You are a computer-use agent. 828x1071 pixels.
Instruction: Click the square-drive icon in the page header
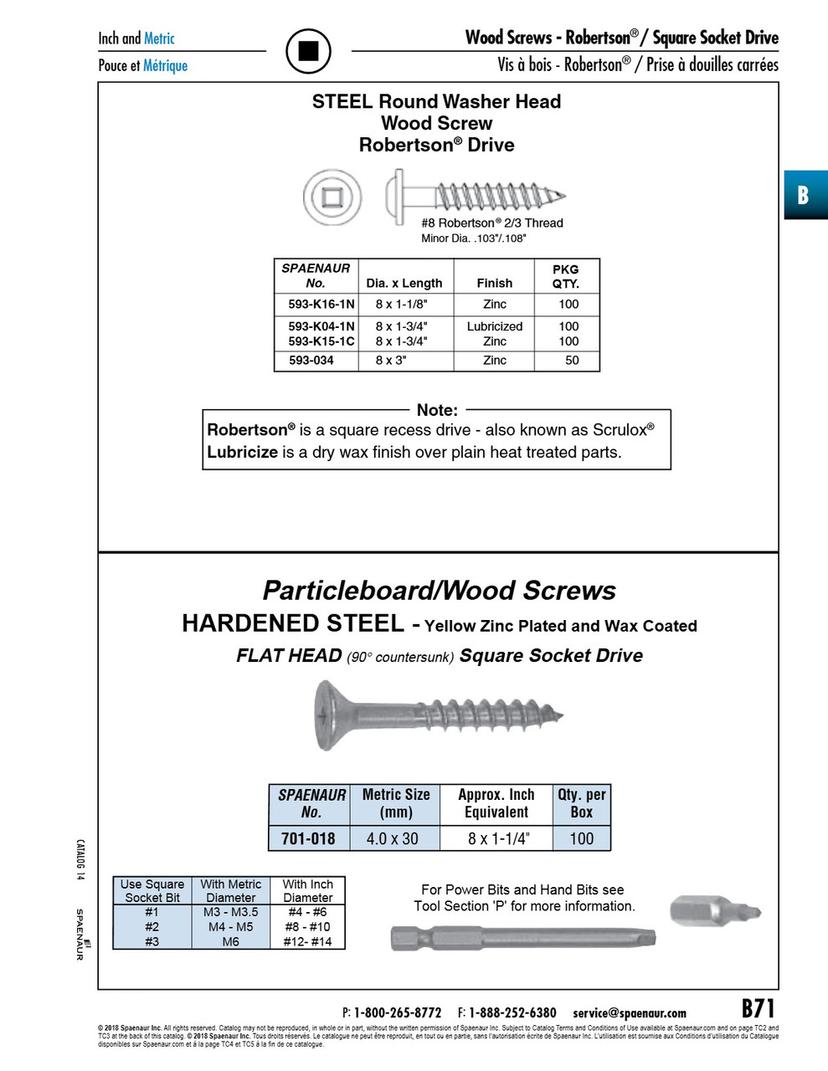tap(309, 51)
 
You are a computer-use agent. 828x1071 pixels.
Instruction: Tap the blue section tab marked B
tap(804, 195)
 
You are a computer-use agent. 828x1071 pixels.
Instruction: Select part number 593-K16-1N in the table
tap(321, 305)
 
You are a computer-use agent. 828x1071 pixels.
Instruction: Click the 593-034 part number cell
tap(311, 361)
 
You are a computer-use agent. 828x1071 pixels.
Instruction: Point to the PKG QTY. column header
tap(566, 276)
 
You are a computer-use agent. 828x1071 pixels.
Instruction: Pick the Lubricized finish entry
tap(495, 326)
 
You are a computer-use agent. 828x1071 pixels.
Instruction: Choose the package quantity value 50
tap(572, 361)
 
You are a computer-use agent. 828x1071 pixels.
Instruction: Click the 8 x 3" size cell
tap(391, 361)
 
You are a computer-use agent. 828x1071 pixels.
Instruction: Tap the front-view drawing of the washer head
tap(328, 197)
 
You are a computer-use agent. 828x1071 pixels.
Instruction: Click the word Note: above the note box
tap(437, 410)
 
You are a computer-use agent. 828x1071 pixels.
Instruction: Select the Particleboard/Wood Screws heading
tap(439, 591)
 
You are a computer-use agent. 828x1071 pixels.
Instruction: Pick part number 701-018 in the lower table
tap(308, 838)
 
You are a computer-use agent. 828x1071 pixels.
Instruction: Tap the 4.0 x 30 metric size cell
tap(393, 838)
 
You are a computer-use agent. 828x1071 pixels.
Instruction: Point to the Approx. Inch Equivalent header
tap(496, 803)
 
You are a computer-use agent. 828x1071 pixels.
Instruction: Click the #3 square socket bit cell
tap(152, 941)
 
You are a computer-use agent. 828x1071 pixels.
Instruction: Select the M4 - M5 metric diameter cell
tap(231, 927)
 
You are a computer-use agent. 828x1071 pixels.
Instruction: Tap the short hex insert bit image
tap(716, 910)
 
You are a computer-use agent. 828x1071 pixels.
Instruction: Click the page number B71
tap(759, 1008)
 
